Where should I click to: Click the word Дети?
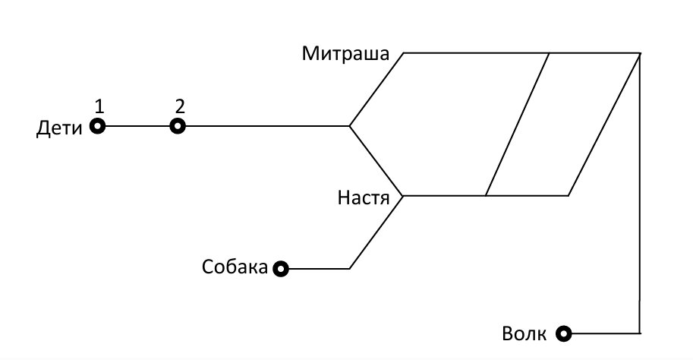59,128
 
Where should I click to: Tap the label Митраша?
345,53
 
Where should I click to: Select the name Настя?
364,197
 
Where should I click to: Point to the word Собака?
235,267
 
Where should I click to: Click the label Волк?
524,333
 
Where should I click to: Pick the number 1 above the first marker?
99,106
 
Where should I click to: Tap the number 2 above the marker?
179,106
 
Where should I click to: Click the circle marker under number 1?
98,126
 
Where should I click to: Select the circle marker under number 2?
178,127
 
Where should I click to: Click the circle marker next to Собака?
281,268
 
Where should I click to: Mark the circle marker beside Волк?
563,333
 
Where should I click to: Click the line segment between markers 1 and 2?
137,126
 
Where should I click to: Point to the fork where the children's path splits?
350,126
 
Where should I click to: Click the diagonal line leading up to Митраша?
376,90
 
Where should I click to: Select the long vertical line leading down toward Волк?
640,193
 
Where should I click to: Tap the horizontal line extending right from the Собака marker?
319,268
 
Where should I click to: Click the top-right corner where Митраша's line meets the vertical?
641,53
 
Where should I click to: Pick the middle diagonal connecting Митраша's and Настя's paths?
518,125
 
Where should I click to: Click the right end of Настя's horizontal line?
569,195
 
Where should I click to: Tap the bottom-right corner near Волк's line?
640,333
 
